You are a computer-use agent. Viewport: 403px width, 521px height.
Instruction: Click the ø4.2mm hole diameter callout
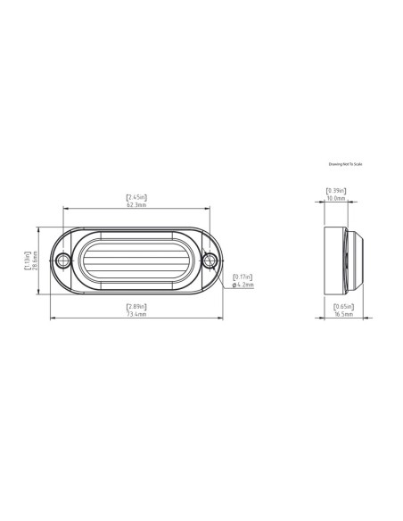coord(243,285)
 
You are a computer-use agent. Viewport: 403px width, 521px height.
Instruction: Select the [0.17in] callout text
coord(242,277)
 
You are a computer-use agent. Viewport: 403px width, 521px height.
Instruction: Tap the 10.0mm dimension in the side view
coord(336,199)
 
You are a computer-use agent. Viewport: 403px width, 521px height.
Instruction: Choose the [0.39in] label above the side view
coord(336,190)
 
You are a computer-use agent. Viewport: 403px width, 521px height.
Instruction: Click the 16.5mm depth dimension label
coord(344,315)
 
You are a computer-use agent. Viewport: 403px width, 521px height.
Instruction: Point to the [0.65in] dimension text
coord(344,306)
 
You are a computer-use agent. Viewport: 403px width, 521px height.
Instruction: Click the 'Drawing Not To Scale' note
coord(347,164)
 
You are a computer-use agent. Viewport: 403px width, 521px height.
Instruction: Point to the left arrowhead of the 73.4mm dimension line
coord(51,318)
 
